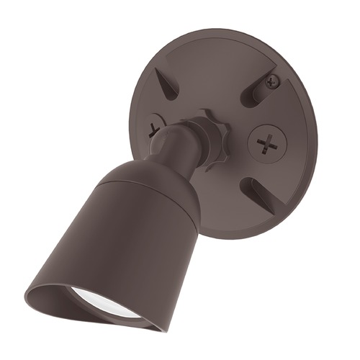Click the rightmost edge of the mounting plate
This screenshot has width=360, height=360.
[x=320, y=137]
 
